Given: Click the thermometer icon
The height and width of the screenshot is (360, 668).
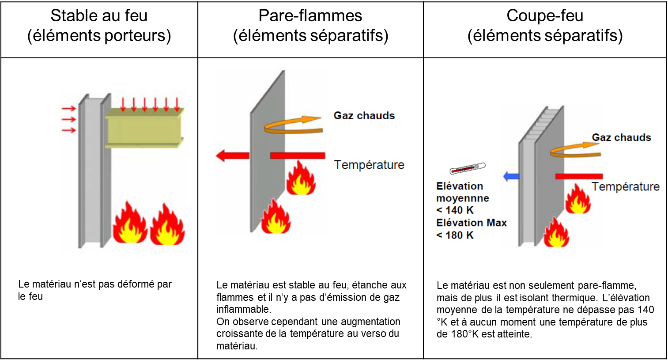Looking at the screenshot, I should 468,168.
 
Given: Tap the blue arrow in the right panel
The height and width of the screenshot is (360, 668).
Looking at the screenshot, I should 511,176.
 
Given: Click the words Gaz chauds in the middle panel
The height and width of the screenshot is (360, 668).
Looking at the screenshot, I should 364,116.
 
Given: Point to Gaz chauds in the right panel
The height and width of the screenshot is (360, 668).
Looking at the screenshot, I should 621,137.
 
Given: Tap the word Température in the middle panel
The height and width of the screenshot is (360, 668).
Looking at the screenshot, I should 369,165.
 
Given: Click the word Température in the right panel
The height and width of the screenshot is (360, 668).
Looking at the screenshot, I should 625,186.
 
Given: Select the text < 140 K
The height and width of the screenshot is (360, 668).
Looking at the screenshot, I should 455,210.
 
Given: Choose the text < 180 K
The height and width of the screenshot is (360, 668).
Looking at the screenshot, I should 455,235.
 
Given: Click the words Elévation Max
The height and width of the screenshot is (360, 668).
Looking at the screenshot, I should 471,223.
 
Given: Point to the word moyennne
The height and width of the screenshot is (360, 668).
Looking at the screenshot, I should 462,198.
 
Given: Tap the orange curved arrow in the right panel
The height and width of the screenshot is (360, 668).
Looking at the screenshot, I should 575,150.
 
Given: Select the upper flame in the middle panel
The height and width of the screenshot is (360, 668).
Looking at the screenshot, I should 301,179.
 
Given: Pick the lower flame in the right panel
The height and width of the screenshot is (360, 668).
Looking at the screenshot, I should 556,233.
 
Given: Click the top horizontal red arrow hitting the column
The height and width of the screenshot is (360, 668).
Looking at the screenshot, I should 68,109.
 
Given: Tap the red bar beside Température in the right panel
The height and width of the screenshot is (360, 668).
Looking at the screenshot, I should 579,176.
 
